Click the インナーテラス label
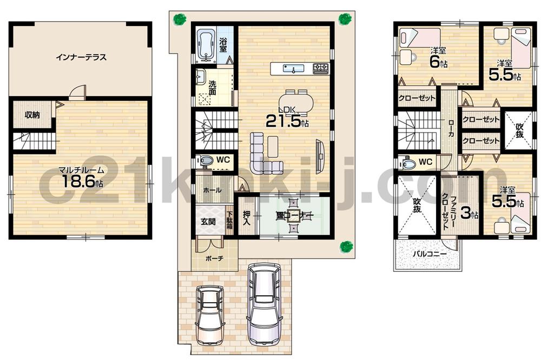80,57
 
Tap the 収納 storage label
32,115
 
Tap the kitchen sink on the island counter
293,69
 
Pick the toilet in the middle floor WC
206,161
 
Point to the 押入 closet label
246,218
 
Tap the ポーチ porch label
214,258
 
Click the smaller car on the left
209,314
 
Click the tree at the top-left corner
179,19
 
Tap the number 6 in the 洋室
434,62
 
